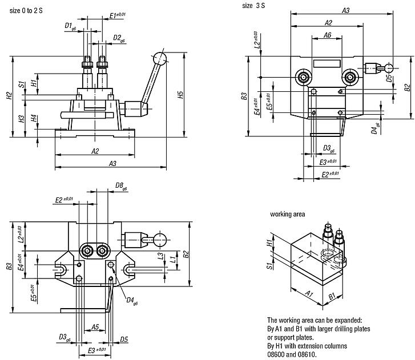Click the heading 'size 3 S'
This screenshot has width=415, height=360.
pyautogui.click(x=255, y=5)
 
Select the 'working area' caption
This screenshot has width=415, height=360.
pyautogui.click(x=287, y=215)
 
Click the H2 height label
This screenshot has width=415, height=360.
pyautogui.click(x=9, y=96)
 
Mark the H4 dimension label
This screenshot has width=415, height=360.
pyautogui.click(x=34, y=118)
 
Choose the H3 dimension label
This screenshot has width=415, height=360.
pyautogui.click(x=21, y=119)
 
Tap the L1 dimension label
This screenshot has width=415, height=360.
pyautogui.click(x=172, y=260)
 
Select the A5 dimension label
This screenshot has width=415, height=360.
pyautogui.click(x=95, y=327)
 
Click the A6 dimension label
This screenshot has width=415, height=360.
pyautogui.click(x=327, y=35)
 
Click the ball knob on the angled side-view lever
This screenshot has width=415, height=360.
pyautogui.click(x=159, y=58)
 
